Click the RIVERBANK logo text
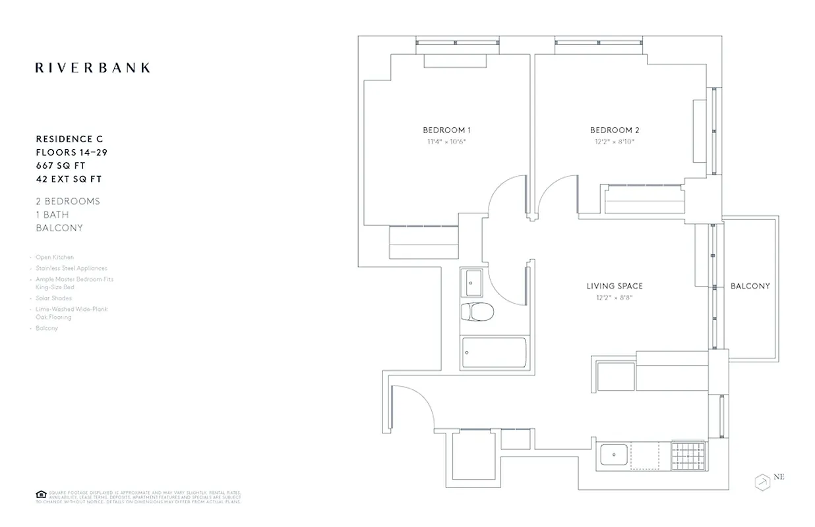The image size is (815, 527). point(92,67)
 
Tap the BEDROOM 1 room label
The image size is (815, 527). point(446,130)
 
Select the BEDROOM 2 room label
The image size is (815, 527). point(615,130)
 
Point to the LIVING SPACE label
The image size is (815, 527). point(615,286)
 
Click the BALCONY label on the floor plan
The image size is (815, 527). point(750,286)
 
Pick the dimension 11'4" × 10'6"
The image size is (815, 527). point(446,142)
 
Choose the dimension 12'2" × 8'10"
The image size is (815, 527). point(615,142)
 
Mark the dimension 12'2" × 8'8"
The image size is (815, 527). point(615,298)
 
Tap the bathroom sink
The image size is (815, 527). point(471,283)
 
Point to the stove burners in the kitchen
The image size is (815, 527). point(688,455)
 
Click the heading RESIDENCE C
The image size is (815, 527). point(69,139)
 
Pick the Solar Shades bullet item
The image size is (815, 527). point(54,298)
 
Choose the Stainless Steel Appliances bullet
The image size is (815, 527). point(71,268)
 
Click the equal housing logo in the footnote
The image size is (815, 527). point(40,494)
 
